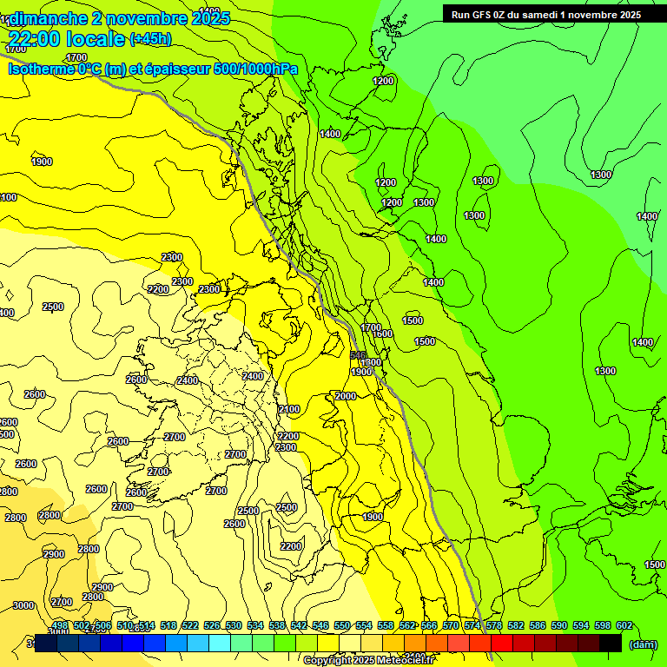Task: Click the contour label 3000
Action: (23, 605)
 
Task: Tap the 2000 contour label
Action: (346, 396)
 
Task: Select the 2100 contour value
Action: (289, 409)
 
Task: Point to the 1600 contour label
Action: (382, 333)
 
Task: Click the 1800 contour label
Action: (371, 362)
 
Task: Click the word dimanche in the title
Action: (48, 17)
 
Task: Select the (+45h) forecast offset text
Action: (150, 38)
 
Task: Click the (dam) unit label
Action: (643, 644)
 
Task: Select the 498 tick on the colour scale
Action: (60, 625)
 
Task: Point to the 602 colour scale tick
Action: (624, 625)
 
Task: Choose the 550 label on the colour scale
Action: (341, 625)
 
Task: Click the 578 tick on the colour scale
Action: (493, 625)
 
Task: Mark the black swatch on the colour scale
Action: (611, 643)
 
